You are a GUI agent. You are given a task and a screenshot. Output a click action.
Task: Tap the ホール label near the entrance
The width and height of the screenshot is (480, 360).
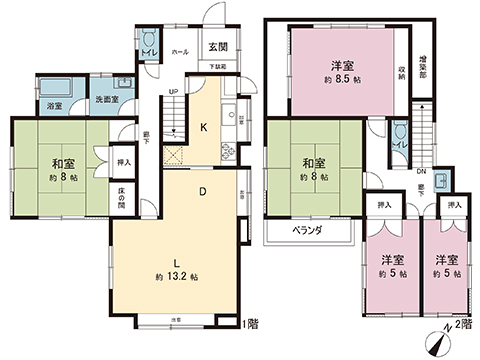point(181,50)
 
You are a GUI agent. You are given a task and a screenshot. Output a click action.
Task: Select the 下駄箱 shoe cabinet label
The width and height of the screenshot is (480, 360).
point(217,66)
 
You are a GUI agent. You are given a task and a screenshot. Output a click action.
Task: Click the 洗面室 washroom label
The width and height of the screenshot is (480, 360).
point(107,101)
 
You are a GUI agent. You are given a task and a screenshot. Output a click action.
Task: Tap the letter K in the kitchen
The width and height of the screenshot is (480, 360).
point(204,127)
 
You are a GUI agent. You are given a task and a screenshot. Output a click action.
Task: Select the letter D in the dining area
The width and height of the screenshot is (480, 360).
point(202,190)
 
